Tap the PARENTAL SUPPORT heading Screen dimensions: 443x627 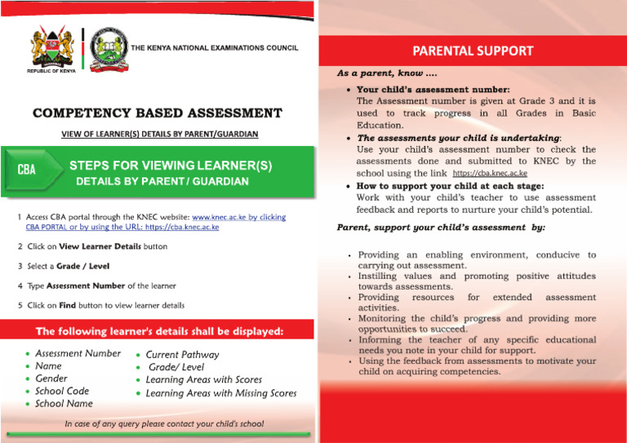pos(473,51)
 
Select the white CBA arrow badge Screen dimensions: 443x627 pos(33,171)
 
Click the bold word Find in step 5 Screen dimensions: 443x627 pos(68,306)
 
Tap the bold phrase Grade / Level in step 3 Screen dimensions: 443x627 pos(82,266)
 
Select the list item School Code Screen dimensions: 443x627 pos(62,391)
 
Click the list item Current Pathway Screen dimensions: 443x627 pos(182,355)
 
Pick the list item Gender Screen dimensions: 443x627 pos(51,379)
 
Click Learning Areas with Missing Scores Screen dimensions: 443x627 pos(220,393)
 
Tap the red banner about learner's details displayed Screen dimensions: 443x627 pos(159,331)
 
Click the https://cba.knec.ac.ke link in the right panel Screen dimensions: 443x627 pos(489,174)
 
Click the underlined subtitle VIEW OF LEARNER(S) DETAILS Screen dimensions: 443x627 pos(160,133)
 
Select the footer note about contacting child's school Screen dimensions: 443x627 pos(164,424)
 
